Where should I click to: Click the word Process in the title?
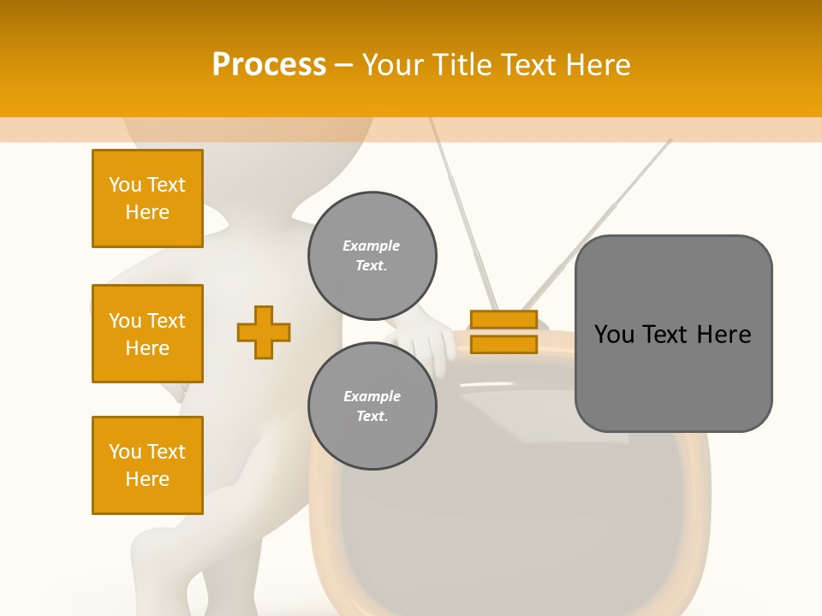(269, 65)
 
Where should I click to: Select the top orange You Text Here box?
(147, 198)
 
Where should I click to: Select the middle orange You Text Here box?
(147, 334)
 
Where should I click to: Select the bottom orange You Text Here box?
(147, 465)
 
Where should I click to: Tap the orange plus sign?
(264, 332)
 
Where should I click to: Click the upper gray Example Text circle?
(372, 255)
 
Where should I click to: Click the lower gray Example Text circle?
(372, 406)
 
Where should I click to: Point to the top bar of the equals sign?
(503, 320)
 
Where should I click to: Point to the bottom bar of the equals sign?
(503, 345)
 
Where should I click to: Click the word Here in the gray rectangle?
(724, 335)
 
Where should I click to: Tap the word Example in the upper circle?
(372, 246)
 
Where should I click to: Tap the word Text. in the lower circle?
(372, 416)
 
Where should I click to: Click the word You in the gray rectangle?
(614, 335)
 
